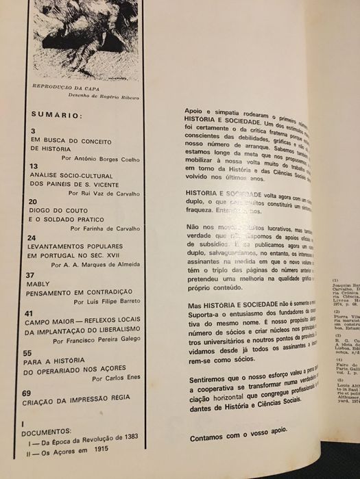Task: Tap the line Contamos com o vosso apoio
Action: pyautogui.click(x=235, y=450)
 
